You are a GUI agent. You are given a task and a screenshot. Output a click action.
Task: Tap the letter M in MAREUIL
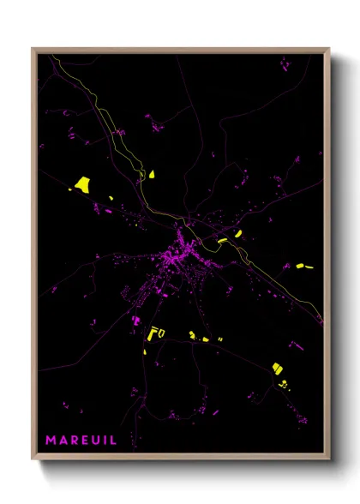(51, 441)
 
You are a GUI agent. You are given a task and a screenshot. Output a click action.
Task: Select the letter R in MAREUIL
(75, 441)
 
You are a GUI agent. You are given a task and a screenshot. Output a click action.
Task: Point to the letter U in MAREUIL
(98, 441)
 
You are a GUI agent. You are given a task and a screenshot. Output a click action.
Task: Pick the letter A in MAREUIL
(63, 441)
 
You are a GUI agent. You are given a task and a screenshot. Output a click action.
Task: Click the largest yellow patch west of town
(83, 183)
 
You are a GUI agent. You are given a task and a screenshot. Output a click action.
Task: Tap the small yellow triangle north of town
(152, 174)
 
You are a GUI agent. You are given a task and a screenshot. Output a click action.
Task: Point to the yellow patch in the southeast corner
(278, 368)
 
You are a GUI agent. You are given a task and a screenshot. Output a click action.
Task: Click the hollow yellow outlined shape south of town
(157, 333)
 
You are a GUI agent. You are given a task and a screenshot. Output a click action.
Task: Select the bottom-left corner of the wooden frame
(33, 460)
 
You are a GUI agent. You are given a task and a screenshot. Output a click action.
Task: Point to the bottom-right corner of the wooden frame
(328, 460)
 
